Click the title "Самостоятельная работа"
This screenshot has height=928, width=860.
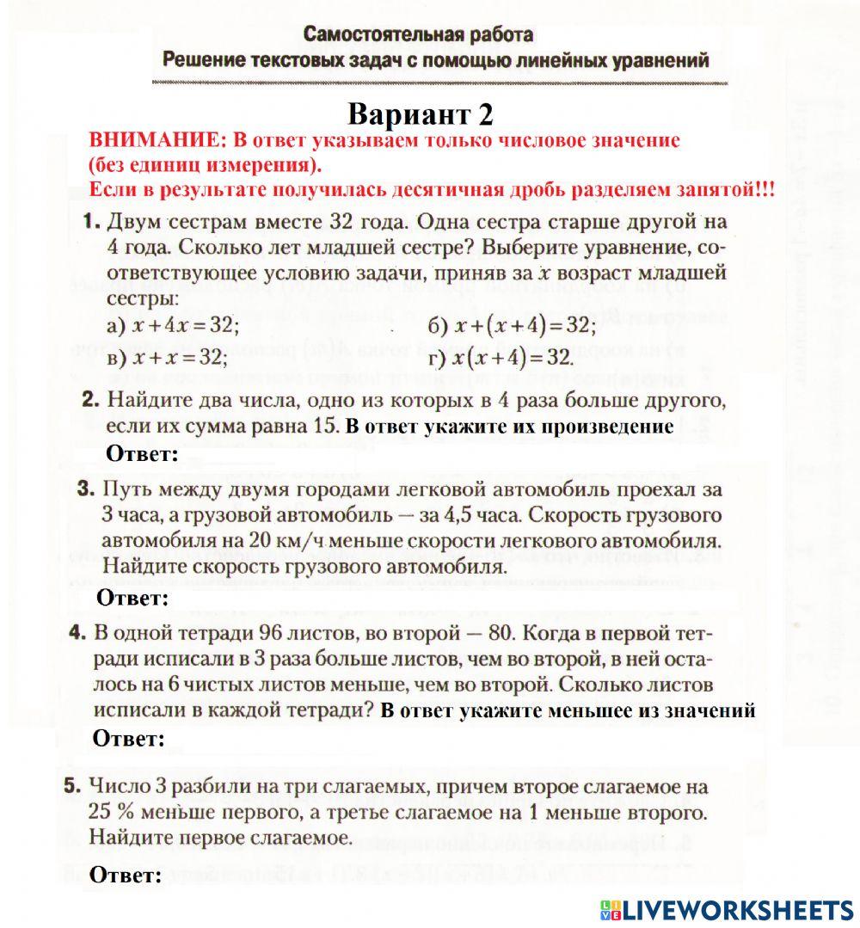click(418, 35)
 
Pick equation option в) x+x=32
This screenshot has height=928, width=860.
click(167, 357)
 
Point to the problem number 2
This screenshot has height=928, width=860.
click(91, 400)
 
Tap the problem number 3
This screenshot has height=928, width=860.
click(85, 489)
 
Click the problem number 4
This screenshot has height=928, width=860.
click(78, 632)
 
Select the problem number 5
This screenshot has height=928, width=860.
click(73, 785)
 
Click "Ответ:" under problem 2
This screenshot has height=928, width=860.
click(142, 454)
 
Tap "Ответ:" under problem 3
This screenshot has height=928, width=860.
click(132, 598)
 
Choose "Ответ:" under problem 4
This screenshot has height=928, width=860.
click(128, 739)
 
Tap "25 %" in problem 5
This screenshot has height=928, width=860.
click(109, 812)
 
